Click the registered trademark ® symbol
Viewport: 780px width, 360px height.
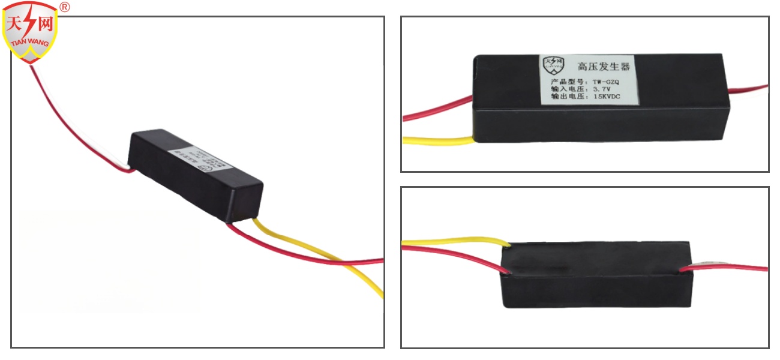[x=65, y=7]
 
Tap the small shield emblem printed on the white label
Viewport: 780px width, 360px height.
[x=553, y=64]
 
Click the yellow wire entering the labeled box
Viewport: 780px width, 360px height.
[x=438, y=142]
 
